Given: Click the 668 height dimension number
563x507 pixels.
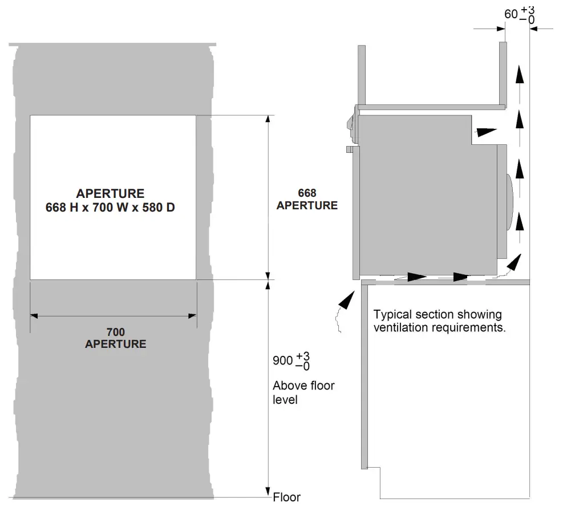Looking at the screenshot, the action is (307, 193).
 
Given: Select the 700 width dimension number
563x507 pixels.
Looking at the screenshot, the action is (115, 332).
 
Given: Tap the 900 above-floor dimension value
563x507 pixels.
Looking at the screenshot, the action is (282, 361).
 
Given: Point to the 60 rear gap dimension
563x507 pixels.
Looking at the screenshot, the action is (511, 14).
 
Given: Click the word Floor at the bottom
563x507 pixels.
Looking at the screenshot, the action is (286, 497).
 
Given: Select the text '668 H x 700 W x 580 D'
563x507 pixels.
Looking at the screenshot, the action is (110, 207).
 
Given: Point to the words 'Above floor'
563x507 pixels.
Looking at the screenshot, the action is (303, 386).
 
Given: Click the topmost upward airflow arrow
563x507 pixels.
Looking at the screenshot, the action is (519, 74).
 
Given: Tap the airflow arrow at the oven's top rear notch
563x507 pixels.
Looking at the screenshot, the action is (485, 131).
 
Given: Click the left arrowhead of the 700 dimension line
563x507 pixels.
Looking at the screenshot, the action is (34, 315).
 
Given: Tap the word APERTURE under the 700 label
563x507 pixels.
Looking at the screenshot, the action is (115, 344).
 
